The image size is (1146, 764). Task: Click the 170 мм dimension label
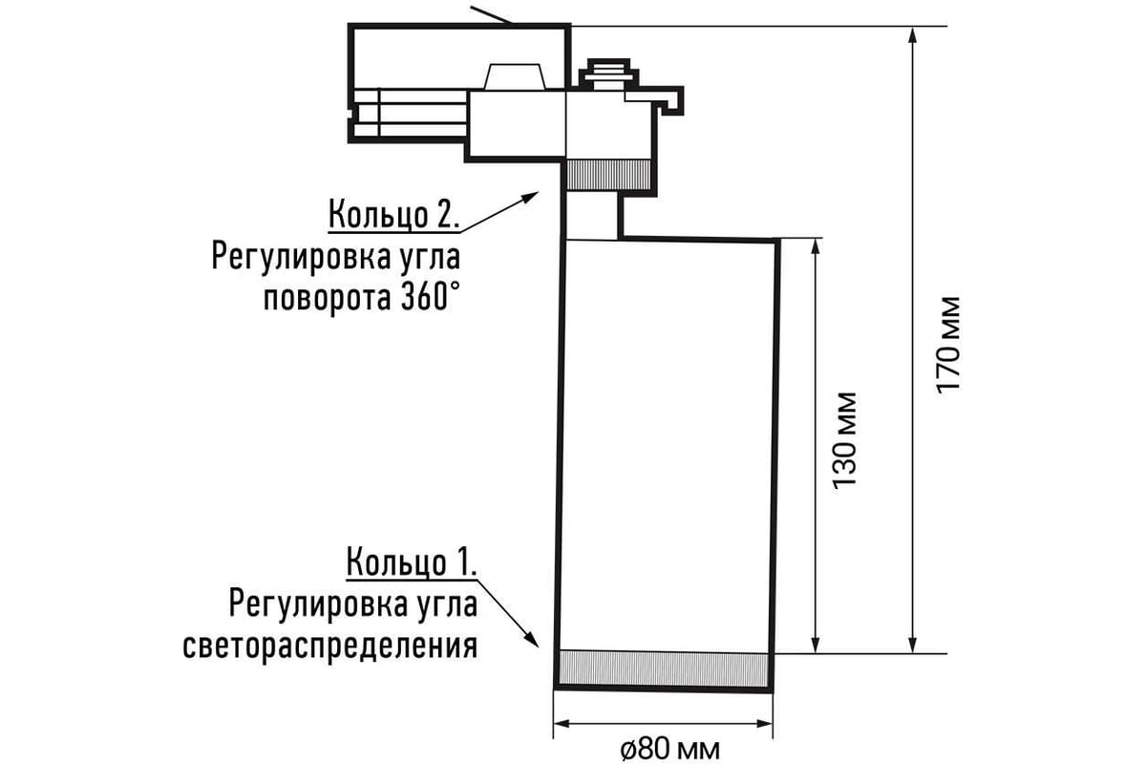(948, 345)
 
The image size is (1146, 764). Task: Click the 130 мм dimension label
(844, 440)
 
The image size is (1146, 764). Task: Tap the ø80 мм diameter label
(670, 750)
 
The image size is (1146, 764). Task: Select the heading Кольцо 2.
(393, 215)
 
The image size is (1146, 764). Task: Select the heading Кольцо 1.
(412, 562)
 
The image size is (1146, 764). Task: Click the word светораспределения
(330, 647)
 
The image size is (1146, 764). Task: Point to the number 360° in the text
(425, 299)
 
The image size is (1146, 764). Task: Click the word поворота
(327, 301)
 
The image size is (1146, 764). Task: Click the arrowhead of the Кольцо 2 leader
(531, 197)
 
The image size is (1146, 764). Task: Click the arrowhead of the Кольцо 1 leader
(532, 639)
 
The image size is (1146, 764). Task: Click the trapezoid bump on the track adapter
(515, 76)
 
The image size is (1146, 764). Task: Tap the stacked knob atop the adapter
(609, 74)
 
